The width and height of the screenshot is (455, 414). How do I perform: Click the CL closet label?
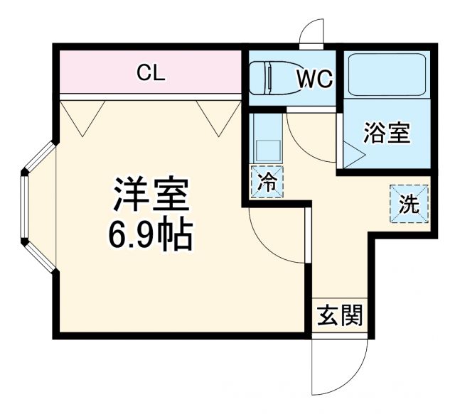pyautogui.click(x=151, y=72)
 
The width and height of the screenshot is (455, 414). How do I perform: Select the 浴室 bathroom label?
pyautogui.click(x=387, y=133)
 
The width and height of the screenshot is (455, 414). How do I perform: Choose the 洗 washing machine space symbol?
pyautogui.click(x=409, y=204)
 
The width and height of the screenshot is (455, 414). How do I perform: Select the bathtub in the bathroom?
pyautogui.click(x=387, y=74)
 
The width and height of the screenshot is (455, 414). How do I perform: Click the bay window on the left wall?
pyautogui.click(x=37, y=206)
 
